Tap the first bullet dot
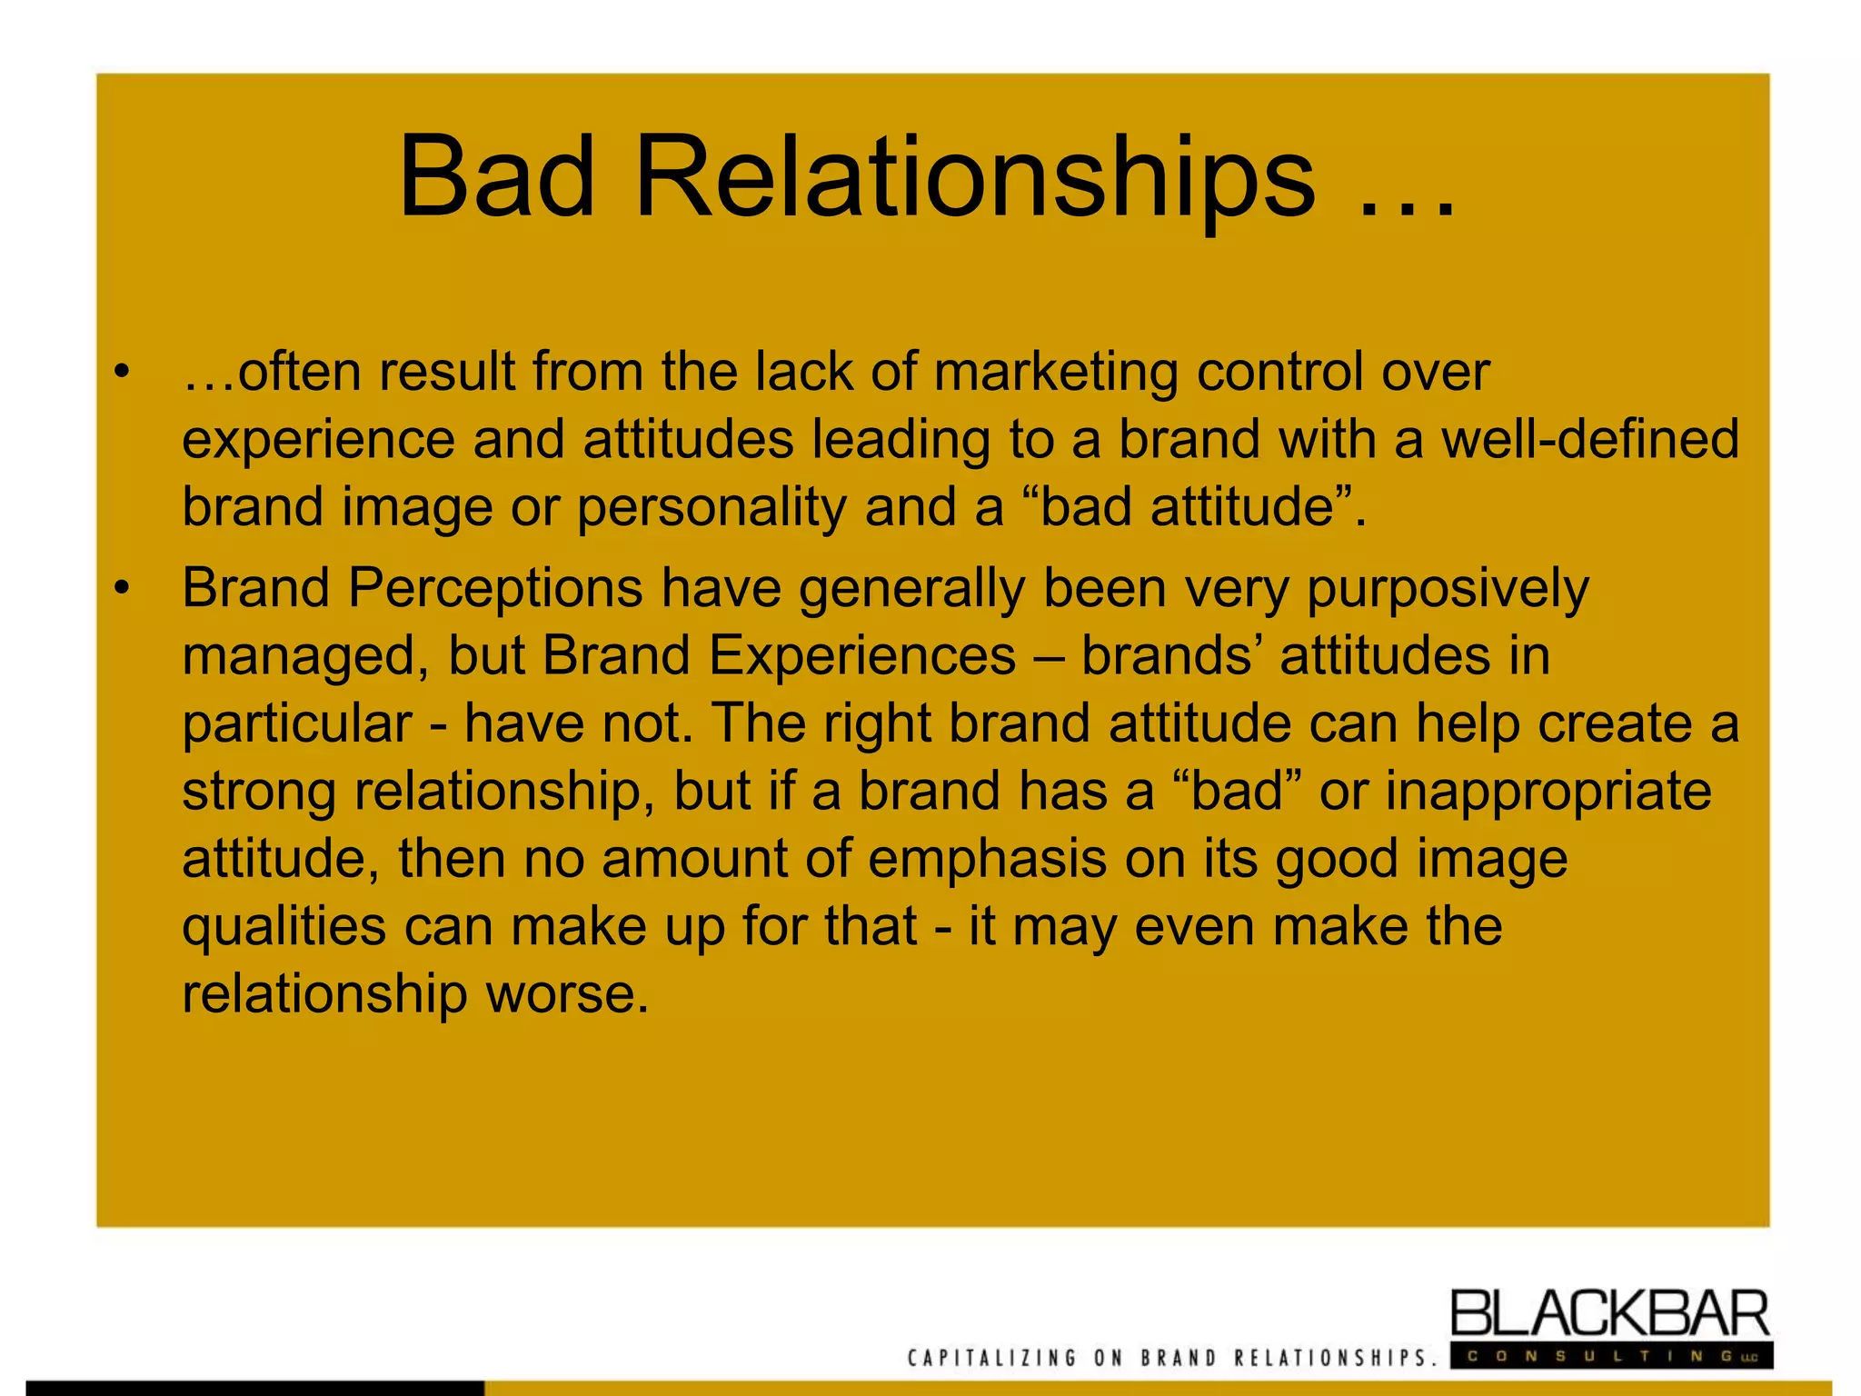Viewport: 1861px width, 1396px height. click(x=122, y=372)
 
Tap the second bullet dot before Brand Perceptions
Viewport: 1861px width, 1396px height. click(x=122, y=588)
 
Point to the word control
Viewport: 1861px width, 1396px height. click(x=1279, y=373)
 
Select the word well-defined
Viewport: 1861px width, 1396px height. click(x=1590, y=439)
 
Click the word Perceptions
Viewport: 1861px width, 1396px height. click(x=496, y=588)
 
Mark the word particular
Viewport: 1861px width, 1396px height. click(x=297, y=724)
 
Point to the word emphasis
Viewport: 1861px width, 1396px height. click(x=987, y=859)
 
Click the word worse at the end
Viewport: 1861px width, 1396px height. click(x=568, y=993)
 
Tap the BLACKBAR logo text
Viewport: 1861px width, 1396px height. click(x=1609, y=1314)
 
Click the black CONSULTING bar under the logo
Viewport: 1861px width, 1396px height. click(x=1609, y=1356)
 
